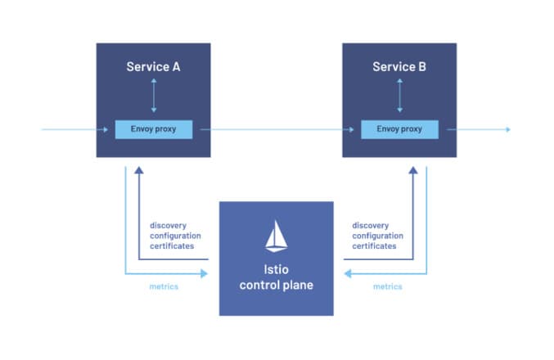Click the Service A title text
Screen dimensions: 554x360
(x=153, y=67)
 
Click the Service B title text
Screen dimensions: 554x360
(x=399, y=67)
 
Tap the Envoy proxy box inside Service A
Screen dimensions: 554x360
(x=154, y=129)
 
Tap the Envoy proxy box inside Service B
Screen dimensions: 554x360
(x=399, y=129)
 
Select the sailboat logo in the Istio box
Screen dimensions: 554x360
(x=277, y=236)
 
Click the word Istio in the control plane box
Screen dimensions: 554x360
(x=277, y=269)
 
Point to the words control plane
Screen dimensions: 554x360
(x=277, y=285)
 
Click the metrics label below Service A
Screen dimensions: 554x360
(x=164, y=286)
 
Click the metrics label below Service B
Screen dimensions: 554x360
(x=388, y=286)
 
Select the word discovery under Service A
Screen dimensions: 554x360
(x=169, y=226)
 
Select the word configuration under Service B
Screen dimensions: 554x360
(x=378, y=236)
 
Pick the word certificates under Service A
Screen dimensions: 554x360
(x=172, y=246)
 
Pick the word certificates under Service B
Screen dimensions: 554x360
(x=374, y=246)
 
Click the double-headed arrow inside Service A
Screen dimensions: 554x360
(x=154, y=96)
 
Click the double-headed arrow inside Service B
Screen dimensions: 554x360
(x=399, y=96)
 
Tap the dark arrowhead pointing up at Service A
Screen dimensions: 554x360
(x=139, y=170)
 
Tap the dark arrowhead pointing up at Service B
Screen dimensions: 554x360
(x=413, y=170)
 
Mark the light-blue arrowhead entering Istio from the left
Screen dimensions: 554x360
(x=205, y=273)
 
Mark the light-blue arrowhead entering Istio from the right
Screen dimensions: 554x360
(x=348, y=273)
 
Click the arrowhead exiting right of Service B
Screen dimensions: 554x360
(x=508, y=129)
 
